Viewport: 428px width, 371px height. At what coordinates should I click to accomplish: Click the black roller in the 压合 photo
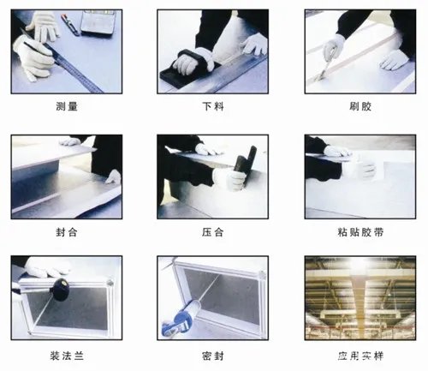pyautogui.click(x=249, y=163)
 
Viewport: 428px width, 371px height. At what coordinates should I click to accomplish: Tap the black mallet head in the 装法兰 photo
pyautogui.click(x=60, y=290)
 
